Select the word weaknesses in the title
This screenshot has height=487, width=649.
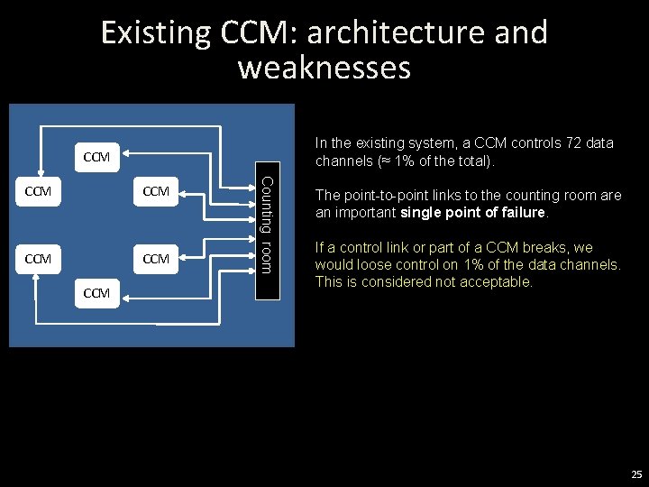click(324, 68)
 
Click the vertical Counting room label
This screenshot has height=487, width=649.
click(266, 225)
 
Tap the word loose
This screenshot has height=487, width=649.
click(374, 265)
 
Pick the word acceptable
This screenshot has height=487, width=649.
click(499, 281)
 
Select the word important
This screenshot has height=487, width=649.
click(365, 213)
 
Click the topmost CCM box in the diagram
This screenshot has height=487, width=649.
click(96, 158)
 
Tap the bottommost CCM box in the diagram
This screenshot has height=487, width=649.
click(96, 293)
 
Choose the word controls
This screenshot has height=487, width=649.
click(516, 143)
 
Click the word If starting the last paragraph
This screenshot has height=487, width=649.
click(319, 248)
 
